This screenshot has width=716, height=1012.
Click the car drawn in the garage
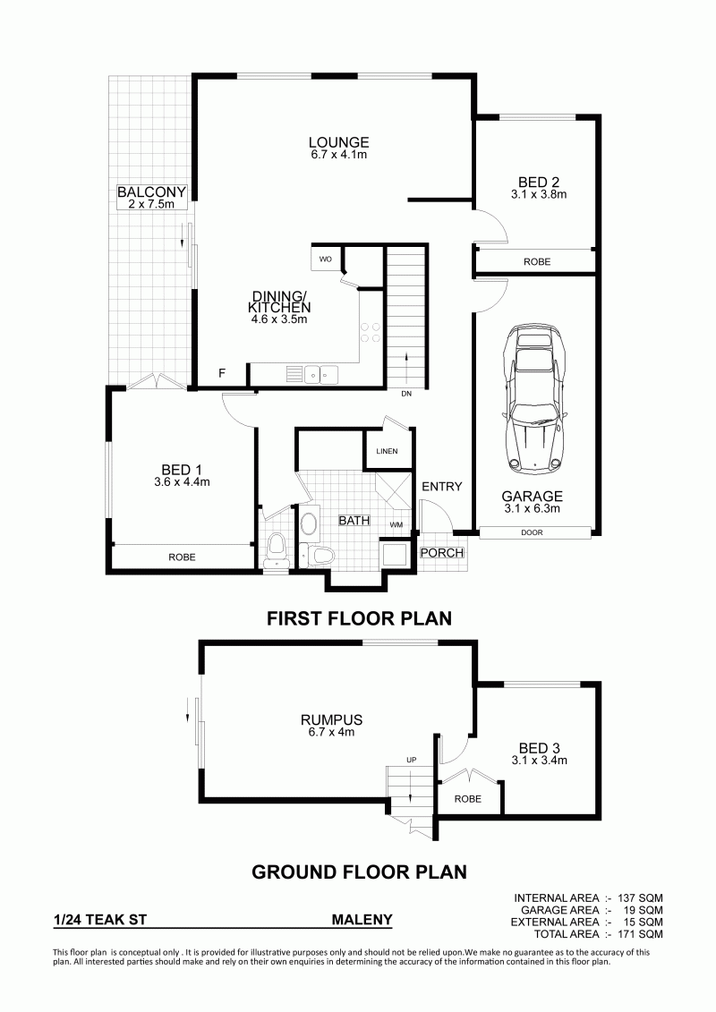(534, 399)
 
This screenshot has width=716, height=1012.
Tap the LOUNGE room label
(338, 142)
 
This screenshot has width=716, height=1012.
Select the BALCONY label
(151, 191)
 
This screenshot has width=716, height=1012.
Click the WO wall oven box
(326, 259)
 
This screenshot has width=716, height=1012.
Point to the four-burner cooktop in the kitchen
(371, 332)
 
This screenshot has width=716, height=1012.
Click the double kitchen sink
(321, 373)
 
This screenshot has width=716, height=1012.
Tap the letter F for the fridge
(222, 373)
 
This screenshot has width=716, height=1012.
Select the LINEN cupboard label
(387, 451)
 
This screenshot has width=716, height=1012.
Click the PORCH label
(441, 552)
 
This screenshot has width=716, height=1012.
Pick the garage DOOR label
(532, 532)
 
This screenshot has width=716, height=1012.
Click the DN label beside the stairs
(406, 394)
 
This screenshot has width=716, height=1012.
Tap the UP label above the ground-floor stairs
(412, 760)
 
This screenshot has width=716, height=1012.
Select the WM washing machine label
(396, 524)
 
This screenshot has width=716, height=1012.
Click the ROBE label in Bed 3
(467, 799)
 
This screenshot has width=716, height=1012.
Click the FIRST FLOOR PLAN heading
(359, 618)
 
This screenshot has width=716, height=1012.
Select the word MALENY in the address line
(362, 920)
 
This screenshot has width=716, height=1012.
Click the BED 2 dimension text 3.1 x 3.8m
(539, 194)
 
